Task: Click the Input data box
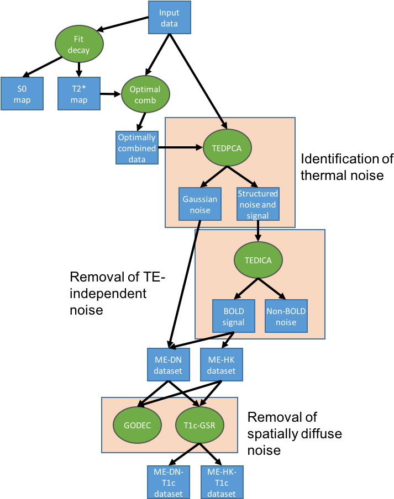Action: pyautogui.click(x=169, y=17)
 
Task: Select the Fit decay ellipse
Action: pyautogui.click(x=79, y=44)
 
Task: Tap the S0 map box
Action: pyautogui.click(x=22, y=93)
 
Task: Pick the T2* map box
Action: pyautogui.click(x=79, y=93)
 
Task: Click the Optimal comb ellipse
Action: pyautogui.click(x=145, y=94)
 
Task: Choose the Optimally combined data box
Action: pyautogui.click(x=137, y=147)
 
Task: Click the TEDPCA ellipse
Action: pyautogui.click(x=228, y=148)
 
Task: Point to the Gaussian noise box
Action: pyautogui.click(x=200, y=204)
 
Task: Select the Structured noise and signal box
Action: pyautogui.click(x=258, y=204)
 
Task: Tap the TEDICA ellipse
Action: pyautogui.click(x=258, y=260)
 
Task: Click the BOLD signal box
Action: pyautogui.click(x=233, y=316)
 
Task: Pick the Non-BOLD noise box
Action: pyautogui.click(x=286, y=316)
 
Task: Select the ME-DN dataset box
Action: pyautogui.click(x=168, y=365)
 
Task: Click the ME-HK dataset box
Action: pyautogui.click(x=221, y=365)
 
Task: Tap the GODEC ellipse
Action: pyautogui.click(x=137, y=425)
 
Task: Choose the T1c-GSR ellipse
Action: pyautogui.click(x=199, y=425)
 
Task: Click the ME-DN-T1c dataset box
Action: pyautogui.click(x=168, y=482)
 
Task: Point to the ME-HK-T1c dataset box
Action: pyautogui.click(x=221, y=482)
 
